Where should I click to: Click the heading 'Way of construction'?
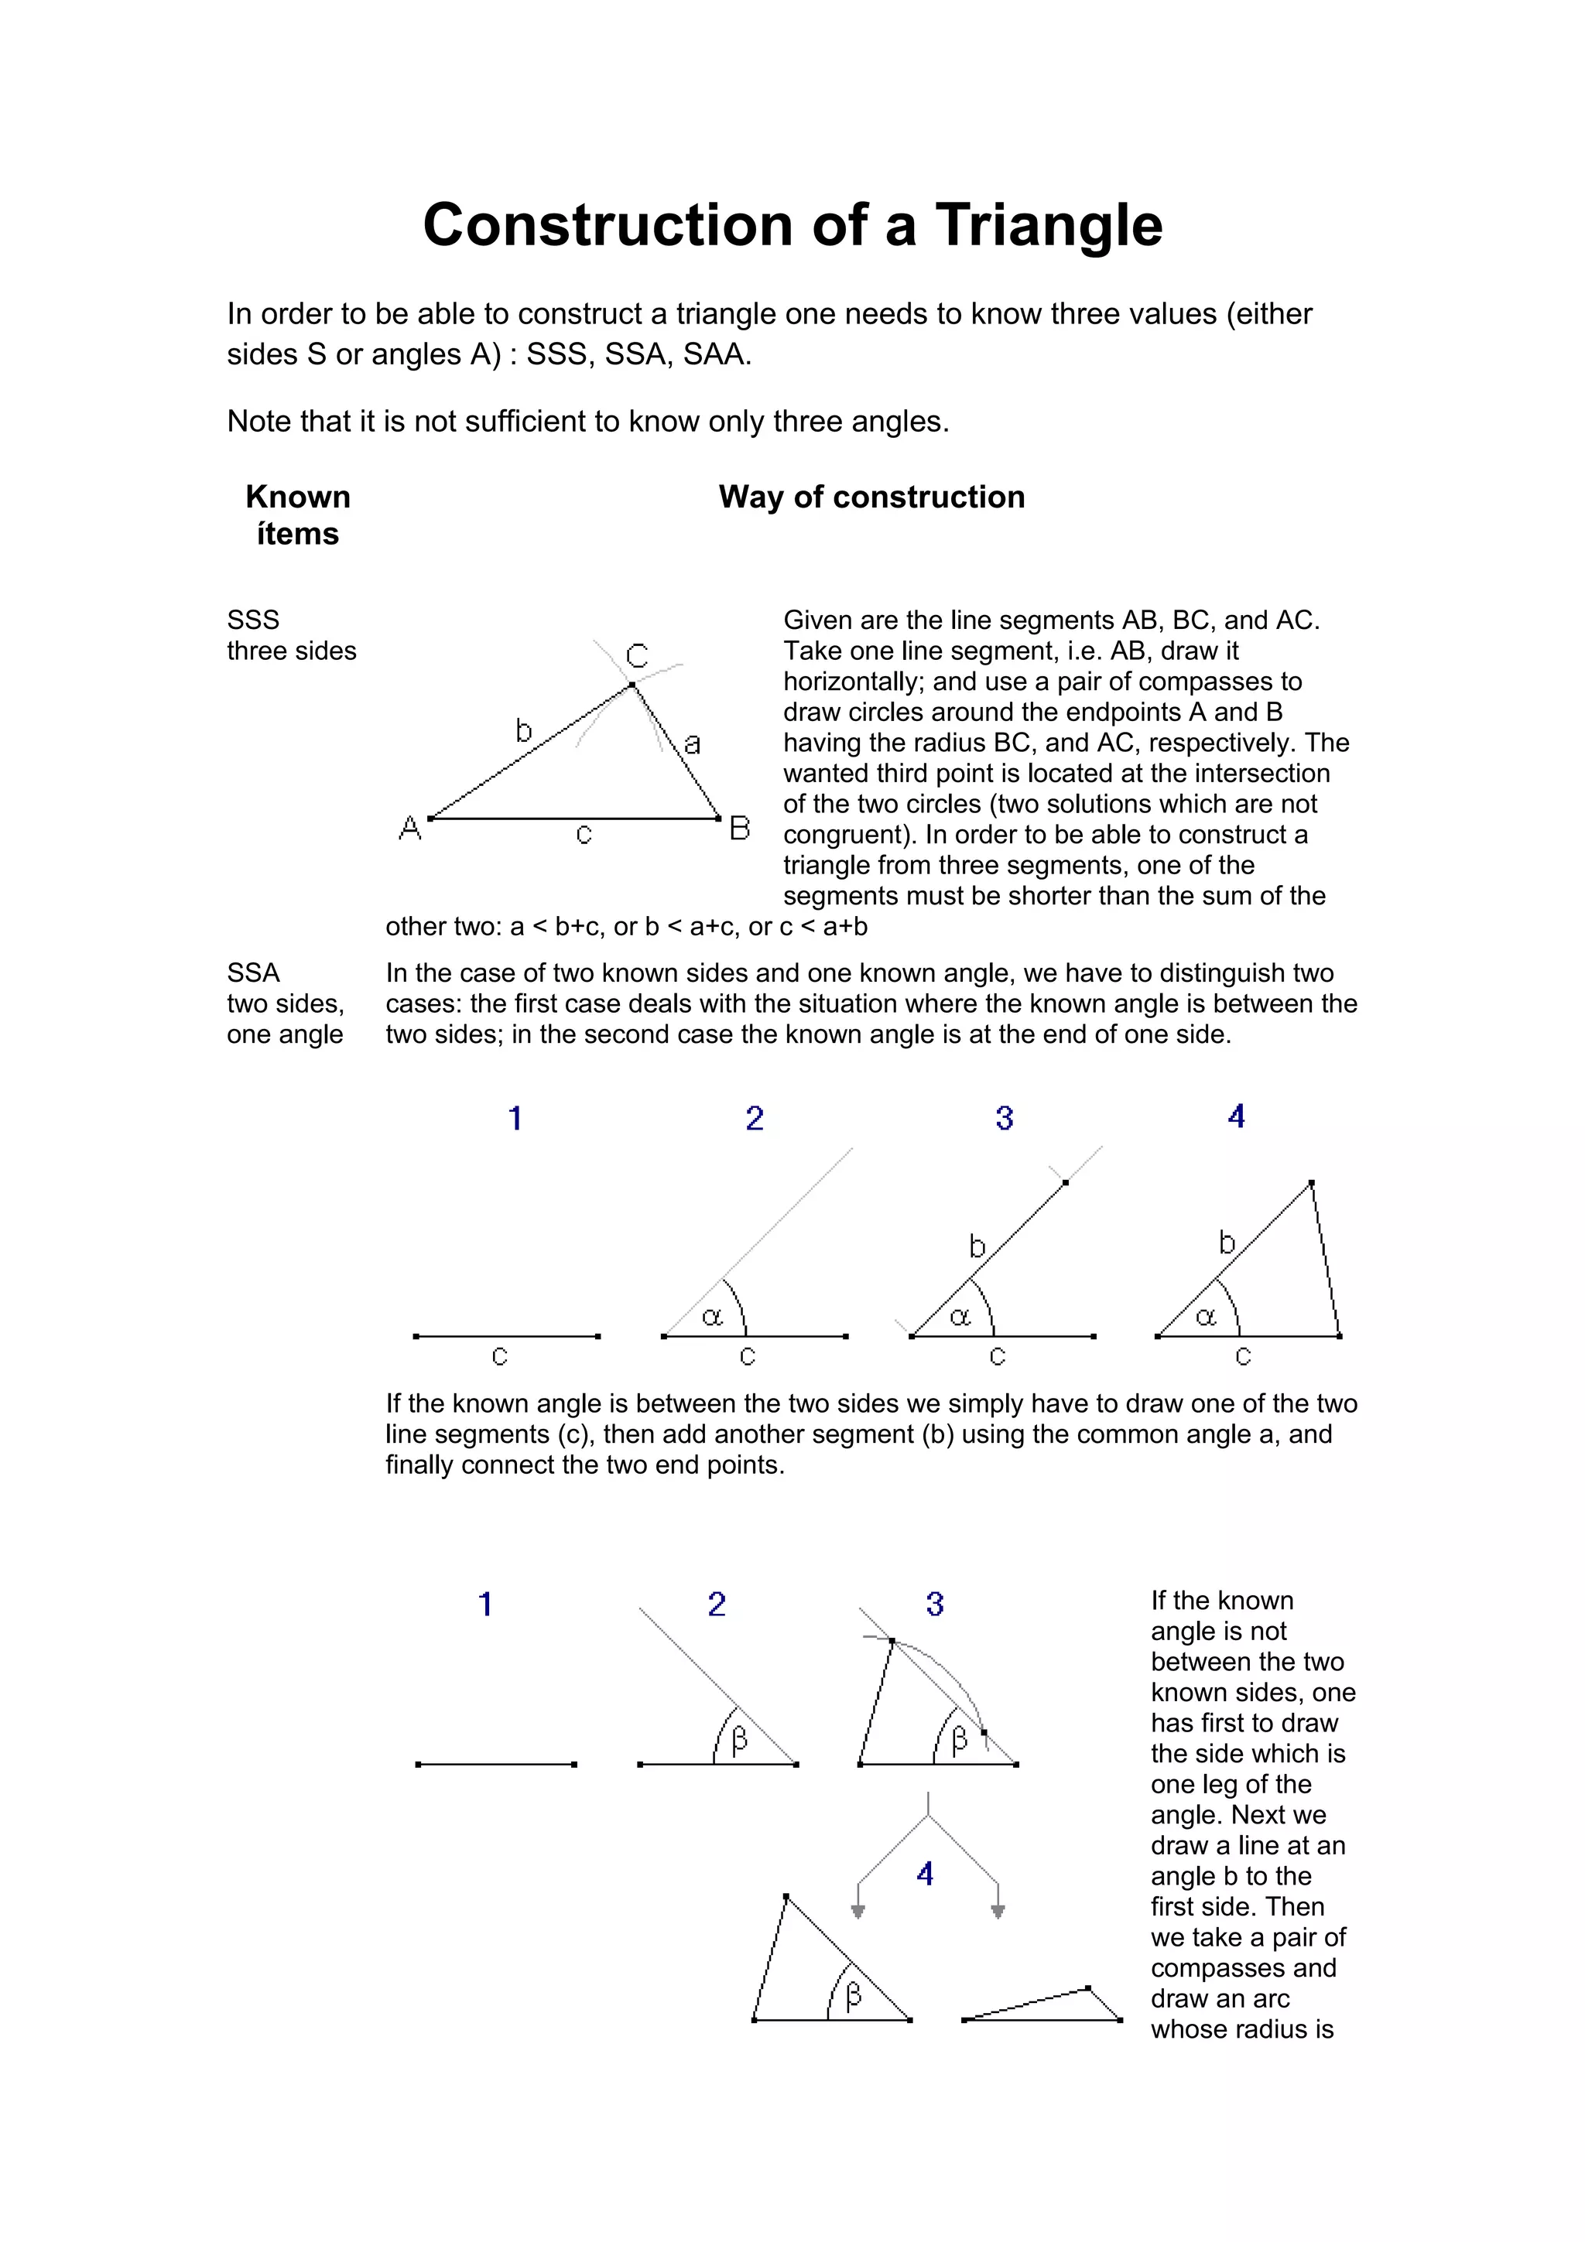click(871, 497)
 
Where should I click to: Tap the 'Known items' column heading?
click(298, 514)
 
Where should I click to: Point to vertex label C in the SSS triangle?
click(637, 656)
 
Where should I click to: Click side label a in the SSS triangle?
click(693, 744)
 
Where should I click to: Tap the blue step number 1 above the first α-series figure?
click(515, 1118)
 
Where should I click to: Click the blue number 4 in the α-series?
click(1237, 1116)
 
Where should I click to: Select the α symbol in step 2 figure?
click(712, 1318)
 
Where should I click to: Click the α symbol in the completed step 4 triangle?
click(1206, 1318)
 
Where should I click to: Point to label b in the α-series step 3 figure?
click(977, 1246)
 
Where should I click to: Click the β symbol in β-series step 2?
click(739, 1739)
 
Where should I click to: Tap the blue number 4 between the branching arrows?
click(925, 1874)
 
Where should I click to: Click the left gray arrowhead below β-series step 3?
click(858, 1911)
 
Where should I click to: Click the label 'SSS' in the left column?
click(253, 620)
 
